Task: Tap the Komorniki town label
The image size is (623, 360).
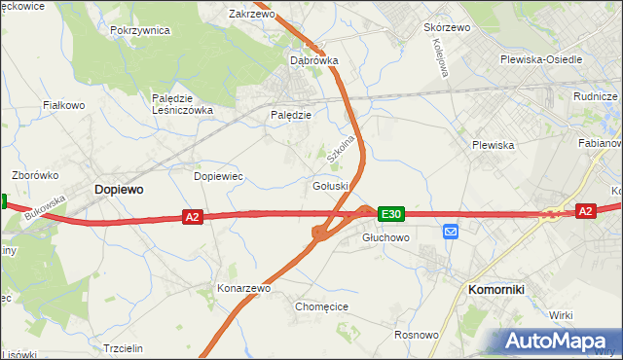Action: click(x=497, y=289)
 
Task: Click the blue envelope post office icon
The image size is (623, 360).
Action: click(x=451, y=232)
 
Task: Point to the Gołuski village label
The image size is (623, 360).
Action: click(x=331, y=186)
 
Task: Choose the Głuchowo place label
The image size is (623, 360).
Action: click(x=385, y=236)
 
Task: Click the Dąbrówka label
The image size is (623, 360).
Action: click(x=314, y=60)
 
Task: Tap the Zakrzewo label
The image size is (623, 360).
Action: click(x=251, y=15)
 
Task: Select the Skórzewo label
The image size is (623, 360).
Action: click(x=447, y=27)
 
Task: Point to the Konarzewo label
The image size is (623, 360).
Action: click(x=243, y=288)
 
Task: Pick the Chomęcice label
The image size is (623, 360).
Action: click(x=321, y=306)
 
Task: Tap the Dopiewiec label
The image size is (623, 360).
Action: click(x=218, y=176)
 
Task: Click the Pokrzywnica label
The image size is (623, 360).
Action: click(x=140, y=30)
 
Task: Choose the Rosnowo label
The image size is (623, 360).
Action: click(x=415, y=334)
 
